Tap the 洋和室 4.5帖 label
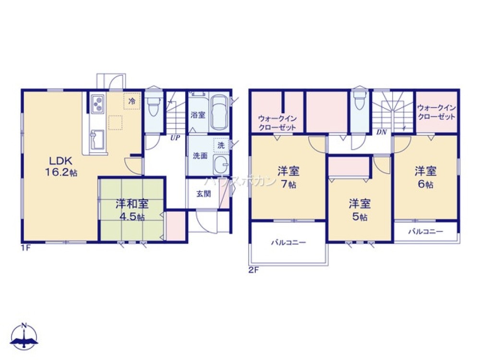[131, 209]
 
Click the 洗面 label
[200, 156]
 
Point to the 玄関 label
[202, 194]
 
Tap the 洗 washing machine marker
[221, 144]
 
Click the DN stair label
[382, 132]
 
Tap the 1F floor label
[25, 249]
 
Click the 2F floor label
[253, 270]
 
